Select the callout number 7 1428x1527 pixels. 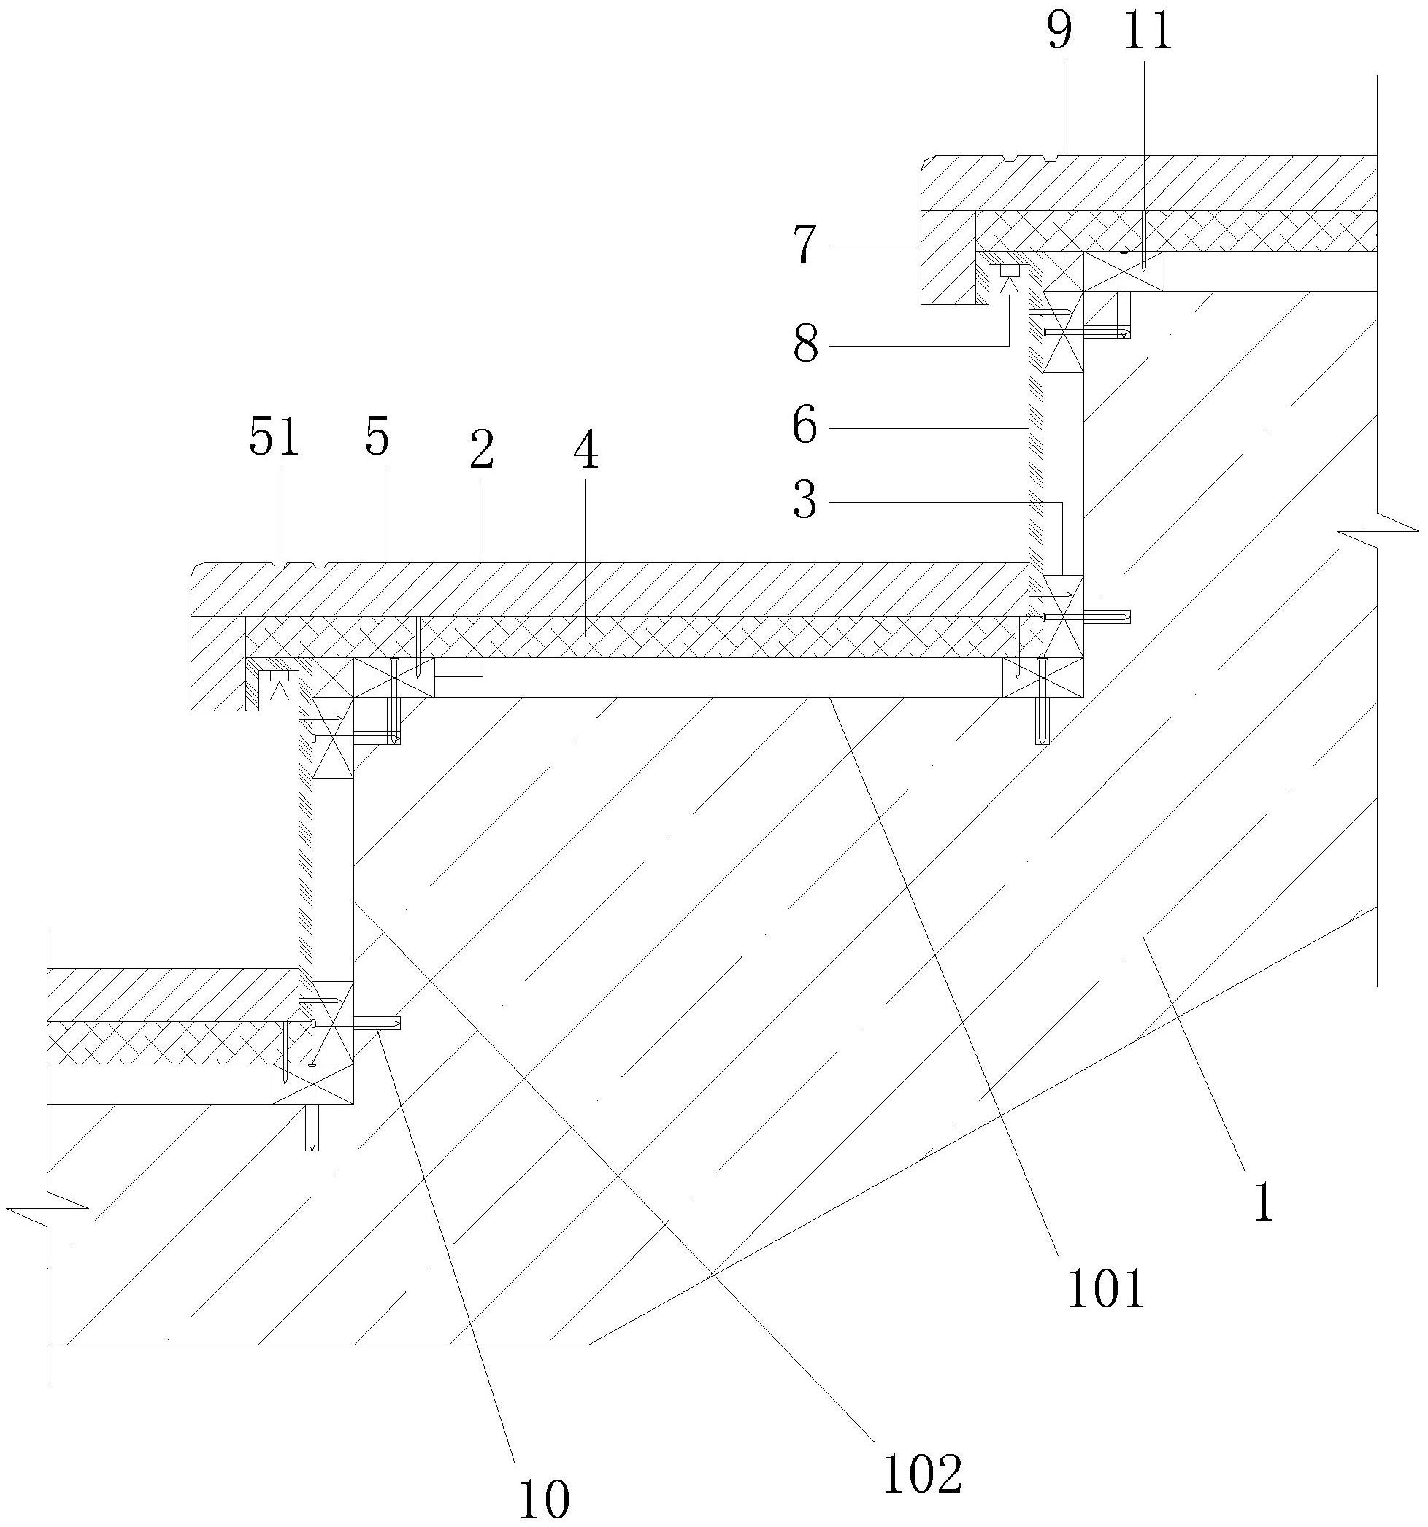coord(804,247)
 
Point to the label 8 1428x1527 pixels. coord(805,344)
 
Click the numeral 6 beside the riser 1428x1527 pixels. coord(805,426)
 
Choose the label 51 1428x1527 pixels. coord(274,439)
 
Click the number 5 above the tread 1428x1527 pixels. coord(377,439)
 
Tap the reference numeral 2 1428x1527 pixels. coord(481,451)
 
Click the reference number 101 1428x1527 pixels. coord(1105,1289)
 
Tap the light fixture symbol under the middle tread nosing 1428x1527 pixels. coord(278,684)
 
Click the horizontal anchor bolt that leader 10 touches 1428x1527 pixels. coord(358,1022)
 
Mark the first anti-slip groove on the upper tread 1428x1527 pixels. coord(1007,159)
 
